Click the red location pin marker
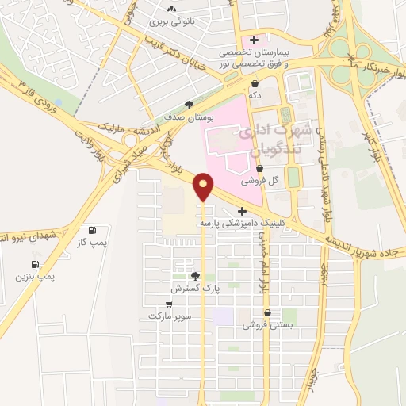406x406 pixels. tap(204, 186)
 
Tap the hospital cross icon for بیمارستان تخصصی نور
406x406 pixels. tap(254, 40)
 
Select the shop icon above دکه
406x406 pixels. tap(255, 83)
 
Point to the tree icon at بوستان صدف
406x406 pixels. tap(189, 104)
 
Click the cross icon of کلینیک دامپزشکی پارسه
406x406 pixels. tap(242, 211)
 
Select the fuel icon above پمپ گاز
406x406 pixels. tap(96, 228)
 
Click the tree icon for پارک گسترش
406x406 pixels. tap(195, 276)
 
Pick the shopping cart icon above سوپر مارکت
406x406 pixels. tap(169, 304)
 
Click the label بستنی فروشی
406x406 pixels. tap(267, 324)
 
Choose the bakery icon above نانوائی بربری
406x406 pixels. tap(170, 10)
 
